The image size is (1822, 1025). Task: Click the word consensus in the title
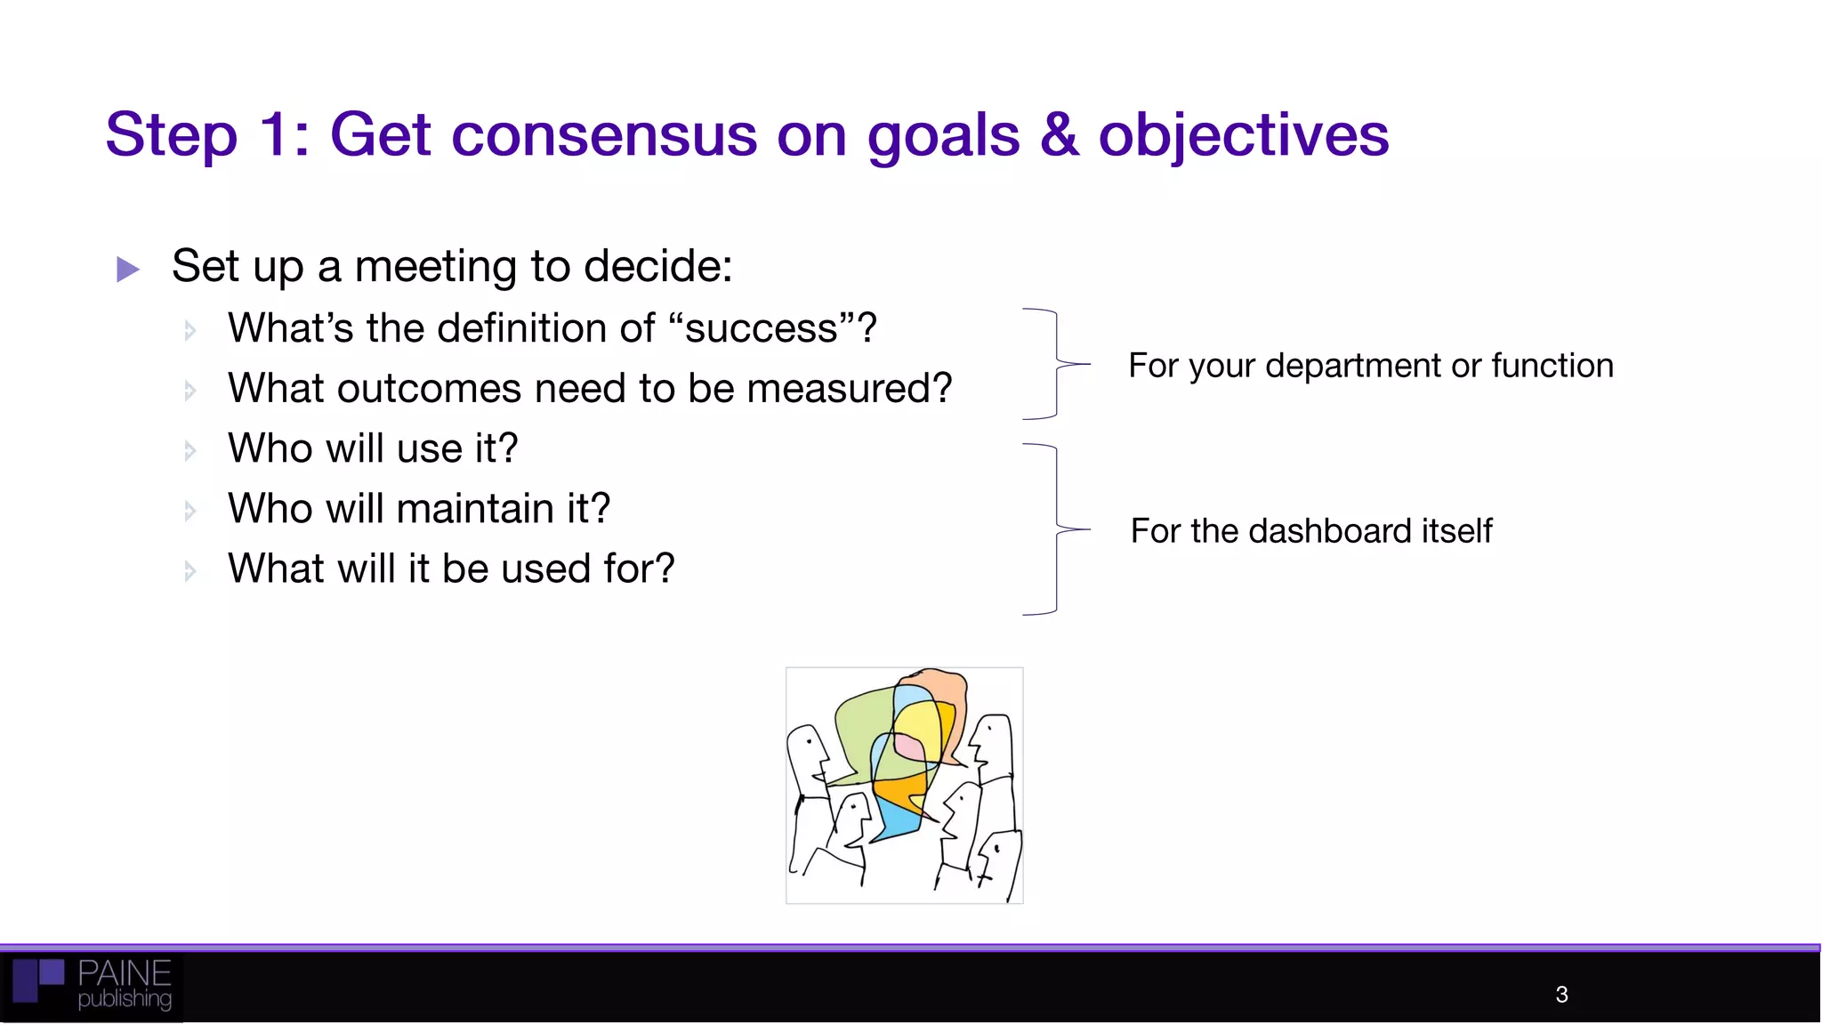point(604,135)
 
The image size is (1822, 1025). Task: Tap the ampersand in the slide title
point(1059,135)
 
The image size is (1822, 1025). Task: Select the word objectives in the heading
point(1243,135)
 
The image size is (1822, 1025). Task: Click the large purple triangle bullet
point(128,269)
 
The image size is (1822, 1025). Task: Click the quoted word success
point(761,328)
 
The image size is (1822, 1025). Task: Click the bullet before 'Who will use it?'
point(189,450)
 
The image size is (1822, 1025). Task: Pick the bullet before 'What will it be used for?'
point(189,570)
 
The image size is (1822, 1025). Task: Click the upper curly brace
point(1056,364)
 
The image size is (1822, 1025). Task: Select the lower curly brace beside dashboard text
point(1056,529)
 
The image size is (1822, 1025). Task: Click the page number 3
point(1561,995)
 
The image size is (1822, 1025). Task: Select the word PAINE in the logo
point(124,973)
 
